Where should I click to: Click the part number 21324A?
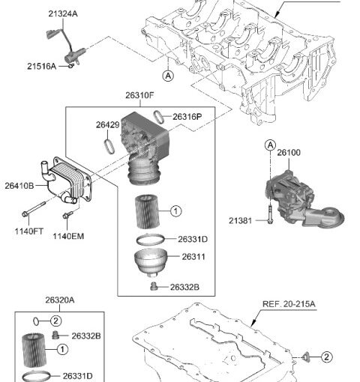[63, 14]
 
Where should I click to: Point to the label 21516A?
[41, 67]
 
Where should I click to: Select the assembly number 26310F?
[139, 95]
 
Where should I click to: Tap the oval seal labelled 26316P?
[159, 117]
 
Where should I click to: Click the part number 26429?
[108, 125]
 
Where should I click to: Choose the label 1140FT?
[29, 231]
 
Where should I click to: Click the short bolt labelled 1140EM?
[67, 214]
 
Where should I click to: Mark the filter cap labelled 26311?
[151, 262]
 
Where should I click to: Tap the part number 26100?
[289, 153]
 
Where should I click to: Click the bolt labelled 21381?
[270, 214]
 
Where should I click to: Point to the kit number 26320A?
[60, 300]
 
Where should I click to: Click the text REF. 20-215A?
[289, 304]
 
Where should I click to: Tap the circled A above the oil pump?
[270, 145]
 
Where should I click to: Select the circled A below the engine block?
[168, 76]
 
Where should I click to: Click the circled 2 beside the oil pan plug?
[326, 357]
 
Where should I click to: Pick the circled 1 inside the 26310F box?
[176, 211]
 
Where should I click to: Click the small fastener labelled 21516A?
[71, 66]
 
